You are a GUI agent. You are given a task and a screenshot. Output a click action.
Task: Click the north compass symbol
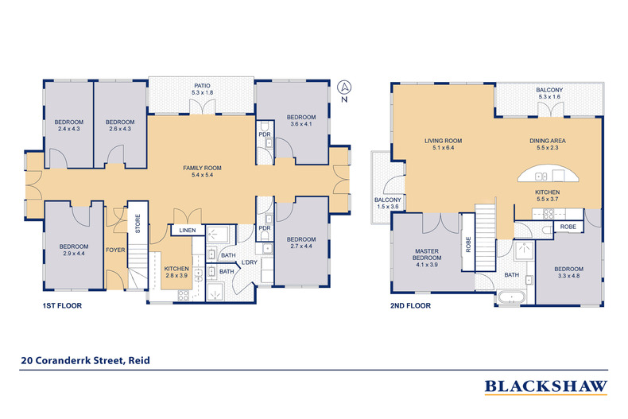(344, 87)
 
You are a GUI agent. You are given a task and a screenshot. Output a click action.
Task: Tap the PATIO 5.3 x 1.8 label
(203, 89)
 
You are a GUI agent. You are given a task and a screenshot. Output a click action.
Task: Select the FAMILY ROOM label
(202, 172)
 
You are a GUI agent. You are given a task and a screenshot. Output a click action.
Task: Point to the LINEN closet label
(187, 231)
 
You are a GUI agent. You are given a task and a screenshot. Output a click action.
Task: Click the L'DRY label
(249, 263)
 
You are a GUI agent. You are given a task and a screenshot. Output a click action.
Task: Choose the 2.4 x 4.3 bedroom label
(69, 125)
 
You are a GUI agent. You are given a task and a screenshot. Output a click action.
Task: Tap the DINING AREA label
(548, 145)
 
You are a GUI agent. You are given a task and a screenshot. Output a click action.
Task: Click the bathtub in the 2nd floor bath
(512, 297)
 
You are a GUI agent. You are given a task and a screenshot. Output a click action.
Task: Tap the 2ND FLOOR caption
(412, 305)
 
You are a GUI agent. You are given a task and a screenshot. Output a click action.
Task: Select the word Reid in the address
(138, 360)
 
